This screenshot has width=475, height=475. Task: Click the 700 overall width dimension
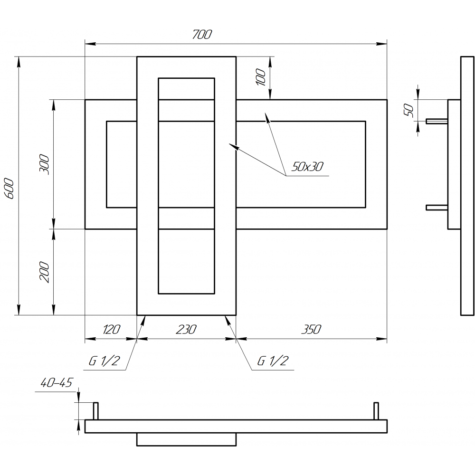pyautogui.click(x=202, y=35)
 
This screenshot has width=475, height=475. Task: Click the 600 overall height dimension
pyautogui.click(x=9, y=189)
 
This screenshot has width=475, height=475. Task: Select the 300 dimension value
pyautogui.click(x=44, y=164)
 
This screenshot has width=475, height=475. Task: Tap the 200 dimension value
pyautogui.click(x=44, y=272)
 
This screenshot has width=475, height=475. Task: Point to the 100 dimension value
pyautogui.click(x=261, y=77)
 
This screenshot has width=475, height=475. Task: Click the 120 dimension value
pyautogui.click(x=112, y=329)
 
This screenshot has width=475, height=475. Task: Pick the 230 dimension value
pyautogui.click(x=186, y=329)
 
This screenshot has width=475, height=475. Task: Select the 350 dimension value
pyautogui.click(x=311, y=329)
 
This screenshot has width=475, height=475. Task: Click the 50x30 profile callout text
pyautogui.click(x=307, y=166)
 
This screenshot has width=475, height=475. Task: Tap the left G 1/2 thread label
pyautogui.click(x=104, y=361)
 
